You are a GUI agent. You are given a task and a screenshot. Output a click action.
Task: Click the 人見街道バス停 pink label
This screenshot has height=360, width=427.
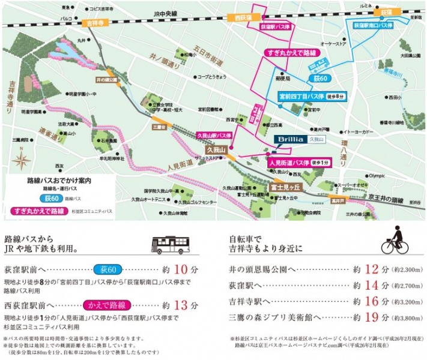(288, 162)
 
